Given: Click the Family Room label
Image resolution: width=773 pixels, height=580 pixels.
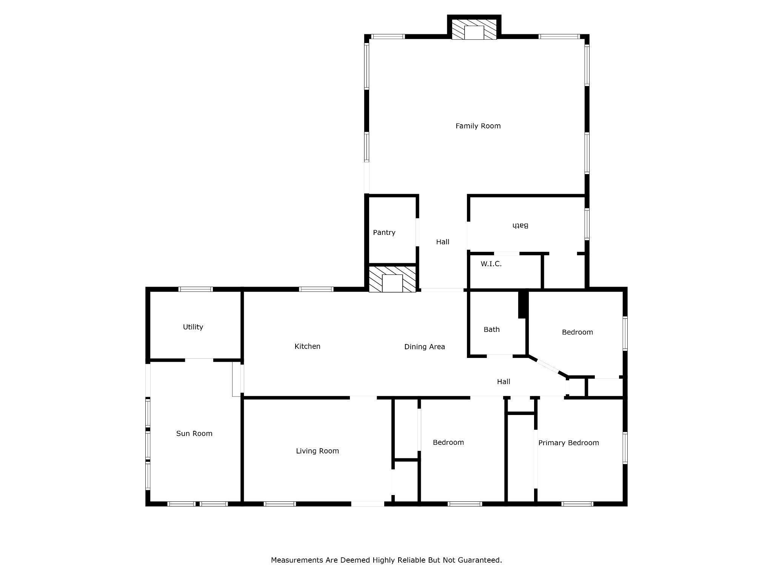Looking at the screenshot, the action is coord(478,126).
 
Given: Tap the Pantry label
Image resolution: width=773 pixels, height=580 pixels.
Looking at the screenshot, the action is coord(384,233).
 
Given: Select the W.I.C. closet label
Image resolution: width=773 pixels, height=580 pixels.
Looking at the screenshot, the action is coord(491,264).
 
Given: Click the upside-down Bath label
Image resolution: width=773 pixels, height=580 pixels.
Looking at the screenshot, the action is coord(520,226).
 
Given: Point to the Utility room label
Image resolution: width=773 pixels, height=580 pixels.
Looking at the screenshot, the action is coord(193,327).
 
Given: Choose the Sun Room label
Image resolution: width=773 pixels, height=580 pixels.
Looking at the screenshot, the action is coord(194,433).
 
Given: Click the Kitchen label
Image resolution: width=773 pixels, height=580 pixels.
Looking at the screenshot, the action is coord(307,346).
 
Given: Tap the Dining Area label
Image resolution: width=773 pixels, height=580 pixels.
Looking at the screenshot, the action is coord(424,347).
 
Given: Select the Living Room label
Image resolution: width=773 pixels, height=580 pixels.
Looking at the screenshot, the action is coord(317,451).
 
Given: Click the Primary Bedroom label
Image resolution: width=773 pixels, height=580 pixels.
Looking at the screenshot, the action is coord(568,443).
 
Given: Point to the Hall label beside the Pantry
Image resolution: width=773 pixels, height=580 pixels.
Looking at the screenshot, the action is coord(442,242).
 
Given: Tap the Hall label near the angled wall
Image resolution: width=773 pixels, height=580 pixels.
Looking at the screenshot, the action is coord(503,382).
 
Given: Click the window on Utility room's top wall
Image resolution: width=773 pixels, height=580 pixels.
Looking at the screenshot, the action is coord(196,289).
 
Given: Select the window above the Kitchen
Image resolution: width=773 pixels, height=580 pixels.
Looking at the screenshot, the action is coord(316,289).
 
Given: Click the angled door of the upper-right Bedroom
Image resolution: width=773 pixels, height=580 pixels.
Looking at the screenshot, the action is coord(548,367).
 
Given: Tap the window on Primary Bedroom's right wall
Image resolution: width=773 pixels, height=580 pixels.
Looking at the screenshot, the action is coord(625,448).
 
